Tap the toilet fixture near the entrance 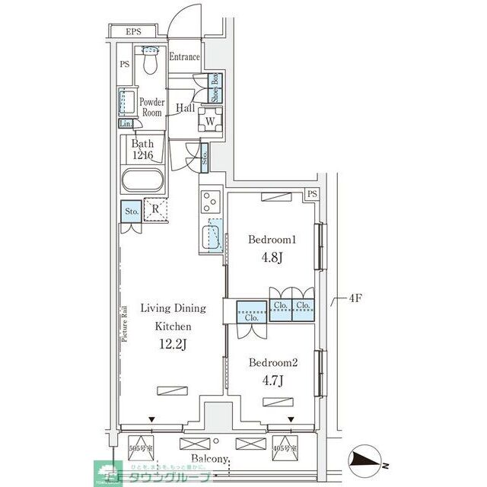[x=150, y=61]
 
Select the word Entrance [x=184, y=57]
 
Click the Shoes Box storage [x=215, y=88]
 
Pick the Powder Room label [x=152, y=107]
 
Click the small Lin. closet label [x=126, y=124]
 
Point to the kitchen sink [x=212, y=235]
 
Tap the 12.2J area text [x=172, y=343]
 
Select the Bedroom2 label [x=272, y=363]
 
